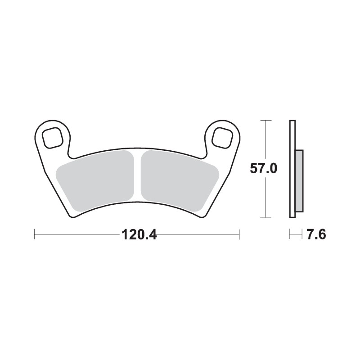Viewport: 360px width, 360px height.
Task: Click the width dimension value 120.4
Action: (138, 234)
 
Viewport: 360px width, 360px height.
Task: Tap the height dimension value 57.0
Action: (263, 169)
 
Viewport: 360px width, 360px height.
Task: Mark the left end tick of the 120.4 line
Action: (35, 234)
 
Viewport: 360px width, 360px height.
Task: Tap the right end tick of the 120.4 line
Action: (239, 234)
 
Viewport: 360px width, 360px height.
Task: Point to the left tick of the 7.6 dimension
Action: (290, 234)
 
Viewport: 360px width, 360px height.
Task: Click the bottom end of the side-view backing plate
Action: (292, 217)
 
